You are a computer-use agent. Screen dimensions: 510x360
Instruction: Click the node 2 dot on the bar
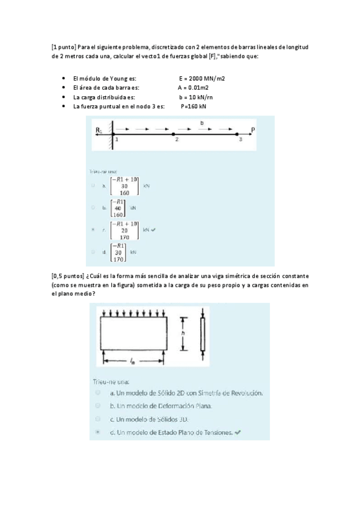174,134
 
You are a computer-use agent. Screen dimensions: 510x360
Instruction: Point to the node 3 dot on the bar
237,134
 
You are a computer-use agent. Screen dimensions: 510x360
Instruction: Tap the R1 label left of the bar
99,130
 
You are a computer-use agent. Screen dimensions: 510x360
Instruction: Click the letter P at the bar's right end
253,130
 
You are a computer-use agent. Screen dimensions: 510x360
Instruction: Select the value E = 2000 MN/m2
202,79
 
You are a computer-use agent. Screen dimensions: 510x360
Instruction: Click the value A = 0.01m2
198,88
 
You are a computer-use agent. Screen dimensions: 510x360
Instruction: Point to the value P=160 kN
194,106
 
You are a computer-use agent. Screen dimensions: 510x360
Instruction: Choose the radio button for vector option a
93,186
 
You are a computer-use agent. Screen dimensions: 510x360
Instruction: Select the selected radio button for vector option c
93,230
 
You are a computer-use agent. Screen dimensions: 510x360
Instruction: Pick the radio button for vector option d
93,252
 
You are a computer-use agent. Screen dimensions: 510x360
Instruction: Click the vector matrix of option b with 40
117,208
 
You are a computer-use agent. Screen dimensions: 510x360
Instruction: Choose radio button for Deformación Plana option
97,406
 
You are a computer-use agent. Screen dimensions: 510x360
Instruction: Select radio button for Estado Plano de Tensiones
97,432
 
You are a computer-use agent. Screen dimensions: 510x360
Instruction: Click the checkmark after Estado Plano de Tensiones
238,432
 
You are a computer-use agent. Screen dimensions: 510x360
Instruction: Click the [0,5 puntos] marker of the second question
68,275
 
